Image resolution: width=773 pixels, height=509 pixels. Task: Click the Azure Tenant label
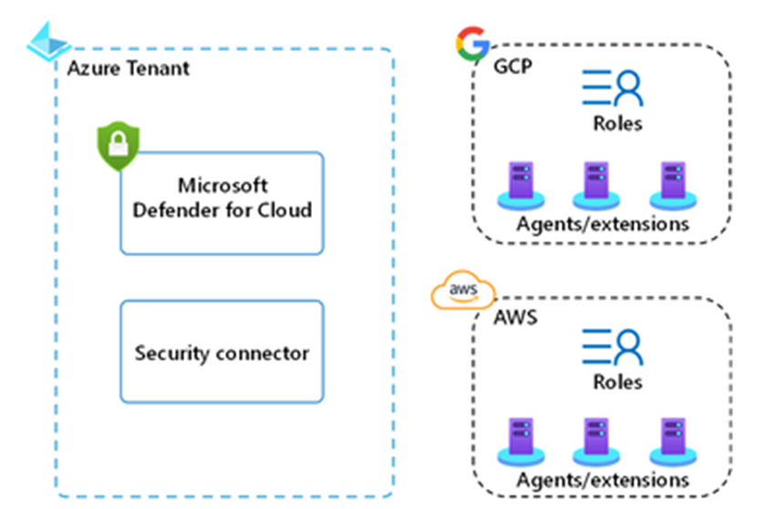coord(129,69)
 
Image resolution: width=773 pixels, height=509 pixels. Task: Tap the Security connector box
coord(222,352)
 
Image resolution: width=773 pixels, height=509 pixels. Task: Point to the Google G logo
coord(471,44)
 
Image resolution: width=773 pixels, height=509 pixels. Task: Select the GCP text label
coord(514,69)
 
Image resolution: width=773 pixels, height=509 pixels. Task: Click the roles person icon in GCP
coord(613,88)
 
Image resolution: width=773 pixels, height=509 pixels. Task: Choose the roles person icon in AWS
coord(613,347)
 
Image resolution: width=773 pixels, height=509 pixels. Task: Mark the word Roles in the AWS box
coord(617,382)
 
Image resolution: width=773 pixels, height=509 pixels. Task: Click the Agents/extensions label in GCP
coord(602,223)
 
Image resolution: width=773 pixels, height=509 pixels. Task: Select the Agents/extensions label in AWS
coord(602,479)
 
